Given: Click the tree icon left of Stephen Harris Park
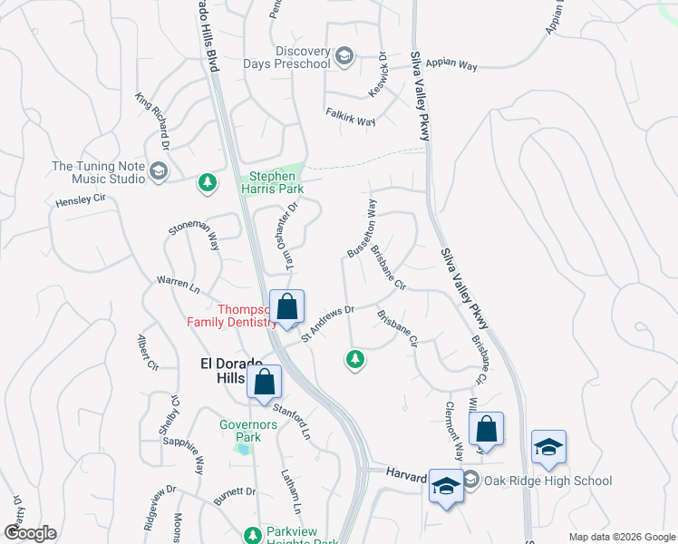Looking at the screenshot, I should coord(208,183).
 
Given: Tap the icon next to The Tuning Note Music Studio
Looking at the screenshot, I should coord(159,171).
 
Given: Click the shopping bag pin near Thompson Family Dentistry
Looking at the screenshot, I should coord(287,308).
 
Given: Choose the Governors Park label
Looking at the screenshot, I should coord(240,430).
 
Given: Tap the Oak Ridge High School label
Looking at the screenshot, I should coord(536,481).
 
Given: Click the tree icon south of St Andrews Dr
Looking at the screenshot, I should coord(355,360).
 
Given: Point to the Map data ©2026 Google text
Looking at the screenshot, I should coord(620,537).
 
